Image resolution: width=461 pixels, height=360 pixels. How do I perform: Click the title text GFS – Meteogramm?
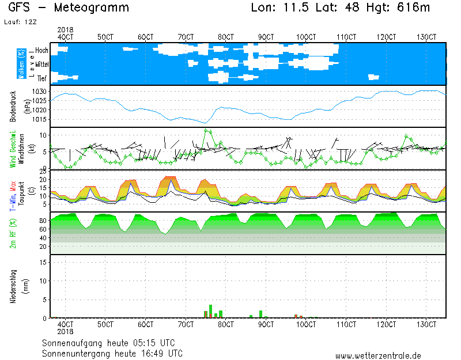pyautogui.click(x=69, y=8)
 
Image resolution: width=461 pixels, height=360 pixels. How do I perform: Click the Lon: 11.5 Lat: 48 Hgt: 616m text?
pyautogui.click(x=341, y=8)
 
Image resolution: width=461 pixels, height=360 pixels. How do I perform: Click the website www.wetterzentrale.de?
pyautogui.click(x=378, y=356)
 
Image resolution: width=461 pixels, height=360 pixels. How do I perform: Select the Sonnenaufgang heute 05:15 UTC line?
pyautogui.click(x=112, y=342)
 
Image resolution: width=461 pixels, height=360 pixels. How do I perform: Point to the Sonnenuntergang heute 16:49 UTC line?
pyautogui.click(x=112, y=353)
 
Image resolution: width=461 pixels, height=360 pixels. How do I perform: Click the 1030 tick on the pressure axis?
pyautogui.click(x=40, y=92)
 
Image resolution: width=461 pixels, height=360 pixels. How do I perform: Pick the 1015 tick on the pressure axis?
pyautogui.click(x=40, y=119)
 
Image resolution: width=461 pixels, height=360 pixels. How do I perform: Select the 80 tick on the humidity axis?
pyautogui.click(x=42, y=221)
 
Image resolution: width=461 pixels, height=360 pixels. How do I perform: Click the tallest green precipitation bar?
pyautogui.click(x=210, y=311)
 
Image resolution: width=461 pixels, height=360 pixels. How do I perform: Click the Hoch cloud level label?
pyautogui.click(x=41, y=51)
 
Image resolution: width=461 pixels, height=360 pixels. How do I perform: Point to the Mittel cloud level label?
pyautogui.click(x=42, y=65)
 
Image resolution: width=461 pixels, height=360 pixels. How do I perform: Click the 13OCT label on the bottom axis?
pyautogui.click(x=426, y=324)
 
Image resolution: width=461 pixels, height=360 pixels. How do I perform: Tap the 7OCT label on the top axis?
pyautogui.click(x=186, y=37)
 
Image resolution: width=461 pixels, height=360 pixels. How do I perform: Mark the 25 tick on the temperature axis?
pyautogui.click(x=43, y=172)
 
